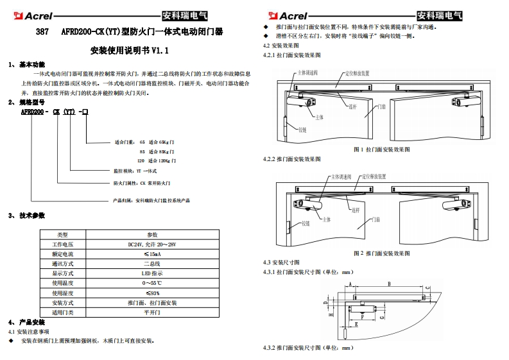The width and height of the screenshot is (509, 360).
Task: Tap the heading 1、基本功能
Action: coord(27,65)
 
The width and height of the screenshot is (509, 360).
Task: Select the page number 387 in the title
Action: coord(42,31)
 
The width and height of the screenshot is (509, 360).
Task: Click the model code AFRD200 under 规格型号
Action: coord(31,111)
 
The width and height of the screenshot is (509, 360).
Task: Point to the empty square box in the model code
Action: coord(85,111)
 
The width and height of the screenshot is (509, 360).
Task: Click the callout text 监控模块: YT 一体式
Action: coord(135,171)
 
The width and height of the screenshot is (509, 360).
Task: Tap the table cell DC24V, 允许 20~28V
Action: coord(152,244)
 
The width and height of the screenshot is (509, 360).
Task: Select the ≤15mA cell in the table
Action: coord(152,254)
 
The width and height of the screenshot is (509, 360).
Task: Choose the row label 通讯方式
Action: coord(63,264)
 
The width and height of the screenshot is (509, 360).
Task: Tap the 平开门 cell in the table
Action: coord(152,312)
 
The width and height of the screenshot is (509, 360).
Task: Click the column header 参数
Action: coord(152,235)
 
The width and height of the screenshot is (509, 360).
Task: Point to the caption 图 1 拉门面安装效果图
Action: coord(381,150)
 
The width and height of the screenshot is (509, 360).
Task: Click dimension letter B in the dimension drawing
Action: coord(390,284)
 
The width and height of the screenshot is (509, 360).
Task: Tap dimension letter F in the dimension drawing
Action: coord(362,317)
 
